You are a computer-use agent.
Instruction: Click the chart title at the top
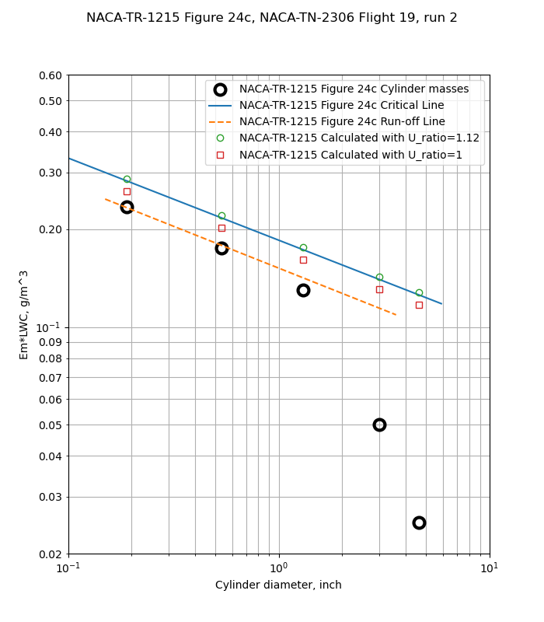pyautogui.click(x=271, y=18)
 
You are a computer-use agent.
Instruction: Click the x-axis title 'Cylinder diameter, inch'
pyautogui.click(x=278, y=585)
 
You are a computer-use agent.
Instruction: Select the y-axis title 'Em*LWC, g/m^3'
pyautogui.click(x=24, y=314)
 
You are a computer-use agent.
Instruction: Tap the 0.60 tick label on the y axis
pyautogui.click(x=51, y=75)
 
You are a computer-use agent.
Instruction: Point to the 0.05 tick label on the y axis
pyautogui.click(x=51, y=425)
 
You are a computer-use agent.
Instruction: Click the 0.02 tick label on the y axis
pyautogui.click(x=51, y=554)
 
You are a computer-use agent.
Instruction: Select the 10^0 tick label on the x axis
pyautogui.click(x=279, y=568)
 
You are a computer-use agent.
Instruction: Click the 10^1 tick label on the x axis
pyautogui.click(x=489, y=568)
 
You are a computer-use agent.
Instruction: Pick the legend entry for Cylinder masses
pyautogui.click(x=354, y=89)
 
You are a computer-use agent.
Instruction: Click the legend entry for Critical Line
pyautogui.click(x=341, y=106)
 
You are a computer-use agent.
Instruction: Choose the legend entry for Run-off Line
pyautogui.click(x=342, y=122)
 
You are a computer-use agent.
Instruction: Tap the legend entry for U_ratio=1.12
pyautogui.click(x=359, y=138)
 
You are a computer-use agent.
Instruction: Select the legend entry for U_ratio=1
pyautogui.click(x=350, y=155)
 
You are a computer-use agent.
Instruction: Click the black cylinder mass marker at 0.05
pyautogui.click(x=379, y=425)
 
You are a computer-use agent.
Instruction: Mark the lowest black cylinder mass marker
pyautogui.click(x=419, y=522)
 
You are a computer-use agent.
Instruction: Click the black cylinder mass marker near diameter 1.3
pyautogui.click(x=303, y=290)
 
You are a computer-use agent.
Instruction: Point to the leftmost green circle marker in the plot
pyautogui.click(x=127, y=179)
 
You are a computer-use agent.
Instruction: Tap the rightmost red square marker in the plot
pyautogui.click(x=419, y=305)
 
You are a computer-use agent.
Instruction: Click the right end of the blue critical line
pyautogui.click(x=441, y=303)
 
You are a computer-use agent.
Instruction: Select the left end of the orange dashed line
pyautogui.click(x=106, y=199)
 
